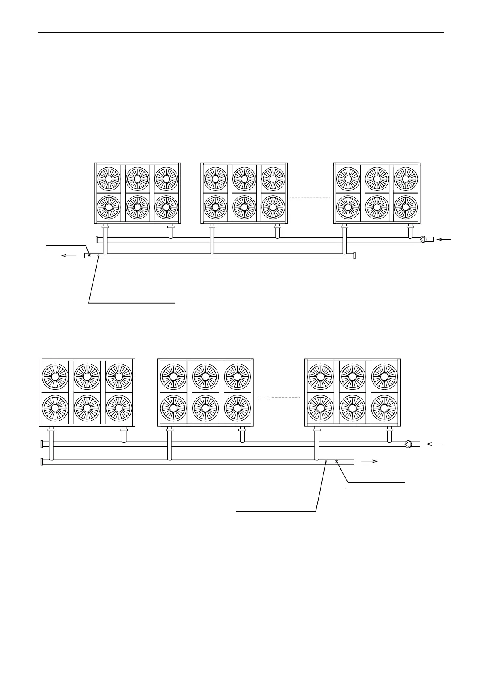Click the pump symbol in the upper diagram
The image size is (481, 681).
423,239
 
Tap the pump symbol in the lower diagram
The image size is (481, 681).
408,444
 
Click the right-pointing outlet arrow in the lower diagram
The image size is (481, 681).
369,461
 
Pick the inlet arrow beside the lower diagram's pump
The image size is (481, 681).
435,444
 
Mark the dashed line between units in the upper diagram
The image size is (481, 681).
310,198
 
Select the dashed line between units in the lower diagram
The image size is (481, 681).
278,398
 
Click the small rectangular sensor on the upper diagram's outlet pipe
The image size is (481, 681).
90,255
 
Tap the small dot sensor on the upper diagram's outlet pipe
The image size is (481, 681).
98,256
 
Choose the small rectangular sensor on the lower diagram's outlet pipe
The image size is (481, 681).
336,461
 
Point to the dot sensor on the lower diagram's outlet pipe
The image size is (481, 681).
326,461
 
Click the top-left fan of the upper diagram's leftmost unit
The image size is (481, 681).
108,178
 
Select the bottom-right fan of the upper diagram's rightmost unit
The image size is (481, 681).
405,207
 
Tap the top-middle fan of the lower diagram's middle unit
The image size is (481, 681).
205,376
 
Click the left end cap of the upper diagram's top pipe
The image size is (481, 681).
97,239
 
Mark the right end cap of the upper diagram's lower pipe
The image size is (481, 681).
354,256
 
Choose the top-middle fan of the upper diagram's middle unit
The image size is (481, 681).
244,178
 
